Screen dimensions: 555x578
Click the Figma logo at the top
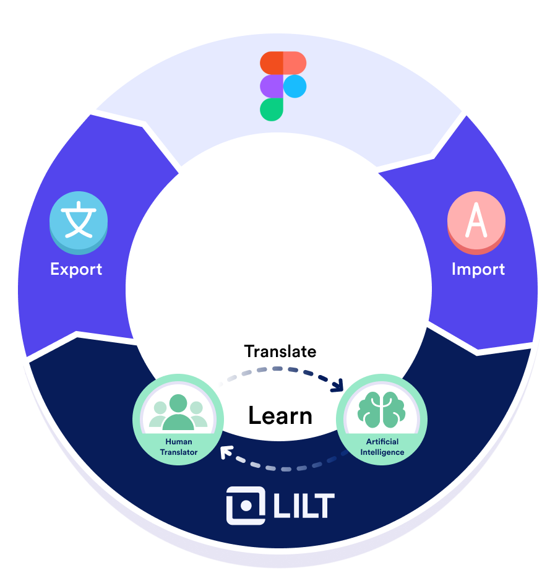(283, 86)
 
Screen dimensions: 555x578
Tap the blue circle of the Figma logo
(295, 86)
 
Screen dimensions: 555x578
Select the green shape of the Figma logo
(272, 110)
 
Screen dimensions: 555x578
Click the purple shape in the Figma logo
(272, 86)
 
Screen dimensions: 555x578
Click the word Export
(76, 269)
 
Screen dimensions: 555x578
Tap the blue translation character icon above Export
(79, 223)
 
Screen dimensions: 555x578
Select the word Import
(478, 269)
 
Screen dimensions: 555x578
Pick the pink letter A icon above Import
(476, 223)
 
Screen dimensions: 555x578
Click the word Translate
(280, 352)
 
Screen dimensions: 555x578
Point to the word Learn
(280, 415)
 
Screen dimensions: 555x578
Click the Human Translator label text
(179, 447)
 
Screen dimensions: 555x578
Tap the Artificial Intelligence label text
(382, 447)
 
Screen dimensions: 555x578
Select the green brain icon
(381, 410)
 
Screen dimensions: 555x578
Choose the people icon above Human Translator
(178, 412)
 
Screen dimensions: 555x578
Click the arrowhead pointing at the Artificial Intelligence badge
(338, 385)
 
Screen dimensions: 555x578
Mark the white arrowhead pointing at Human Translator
(226, 452)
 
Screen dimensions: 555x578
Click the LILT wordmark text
(304, 506)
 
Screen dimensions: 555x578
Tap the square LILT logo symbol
(246, 506)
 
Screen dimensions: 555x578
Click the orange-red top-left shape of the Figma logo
(272, 63)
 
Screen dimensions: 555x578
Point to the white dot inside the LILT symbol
(246, 506)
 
